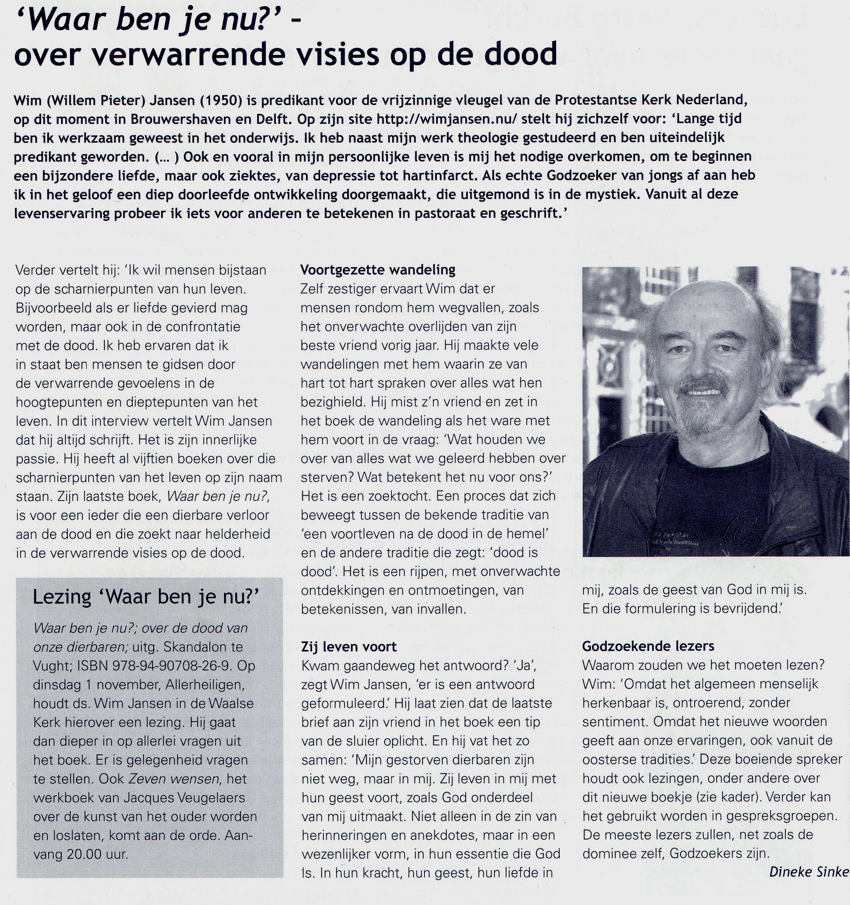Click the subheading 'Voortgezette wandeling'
[378, 270]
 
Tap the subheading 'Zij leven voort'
[349, 646]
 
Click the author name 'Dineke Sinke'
[808, 871]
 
